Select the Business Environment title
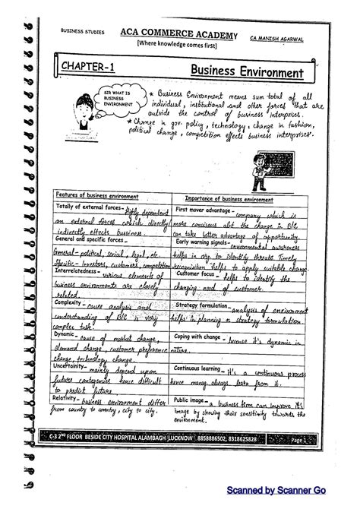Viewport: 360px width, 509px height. point(247,71)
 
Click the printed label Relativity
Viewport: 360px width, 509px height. point(66,397)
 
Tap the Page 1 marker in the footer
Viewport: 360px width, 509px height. point(314,439)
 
